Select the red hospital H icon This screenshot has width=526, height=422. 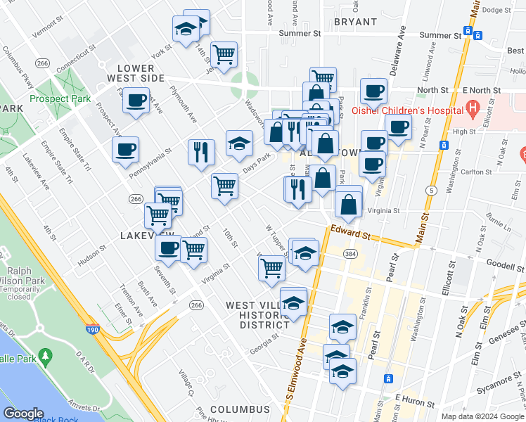tap(473, 108)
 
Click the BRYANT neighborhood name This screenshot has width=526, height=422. tap(355, 22)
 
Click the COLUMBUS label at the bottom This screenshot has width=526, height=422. tap(239, 409)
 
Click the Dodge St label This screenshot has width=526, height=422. tap(496, 10)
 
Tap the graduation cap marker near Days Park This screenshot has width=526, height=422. tap(239, 143)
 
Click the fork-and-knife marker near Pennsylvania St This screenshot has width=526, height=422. tap(201, 152)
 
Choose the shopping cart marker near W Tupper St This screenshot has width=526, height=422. tap(271, 268)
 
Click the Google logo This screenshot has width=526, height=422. tap(24, 414)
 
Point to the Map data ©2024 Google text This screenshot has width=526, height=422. tap(482, 416)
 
